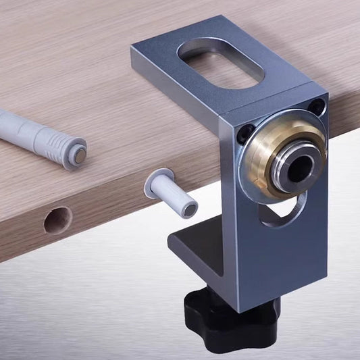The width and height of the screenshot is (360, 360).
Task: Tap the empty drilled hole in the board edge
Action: pos(58,220)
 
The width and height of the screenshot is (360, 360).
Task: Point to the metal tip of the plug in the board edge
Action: pos(190,210)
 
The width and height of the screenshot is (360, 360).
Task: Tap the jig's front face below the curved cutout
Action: pos(284,263)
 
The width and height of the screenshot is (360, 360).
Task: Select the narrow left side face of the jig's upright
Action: pos(230,223)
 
